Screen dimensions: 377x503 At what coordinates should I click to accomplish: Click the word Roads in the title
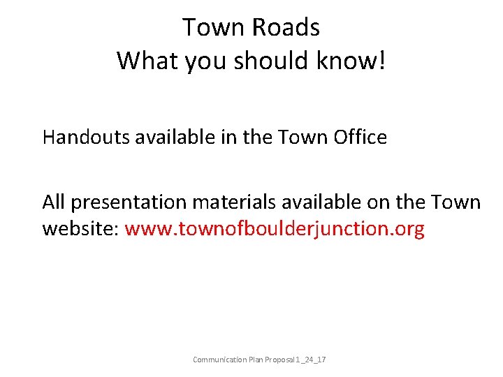[x=286, y=27]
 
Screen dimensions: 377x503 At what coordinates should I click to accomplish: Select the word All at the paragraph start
[x=54, y=202]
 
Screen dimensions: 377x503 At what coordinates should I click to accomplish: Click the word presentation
[x=129, y=203]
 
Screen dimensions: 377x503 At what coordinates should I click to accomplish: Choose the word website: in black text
[x=81, y=229]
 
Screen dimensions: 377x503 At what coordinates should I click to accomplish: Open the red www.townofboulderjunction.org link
[x=275, y=229]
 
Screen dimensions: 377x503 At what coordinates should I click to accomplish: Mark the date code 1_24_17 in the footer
[x=315, y=360]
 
